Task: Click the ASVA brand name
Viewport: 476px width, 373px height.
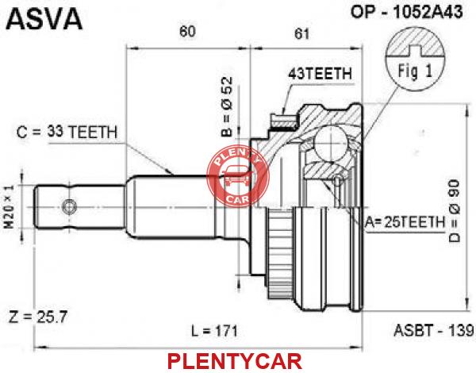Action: [x=44, y=19]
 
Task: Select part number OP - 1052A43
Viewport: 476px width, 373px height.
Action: [x=407, y=12]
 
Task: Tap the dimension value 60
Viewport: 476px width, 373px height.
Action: [x=187, y=31]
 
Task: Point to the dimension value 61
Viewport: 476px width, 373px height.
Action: [x=301, y=33]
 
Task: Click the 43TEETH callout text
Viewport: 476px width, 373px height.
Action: [x=320, y=74]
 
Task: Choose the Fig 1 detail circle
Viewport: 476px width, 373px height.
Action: [x=415, y=61]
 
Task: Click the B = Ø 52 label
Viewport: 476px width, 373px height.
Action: [x=228, y=107]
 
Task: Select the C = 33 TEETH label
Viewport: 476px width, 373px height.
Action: [x=67, y=132]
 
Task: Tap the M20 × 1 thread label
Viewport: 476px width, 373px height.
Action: [x=10, y=207]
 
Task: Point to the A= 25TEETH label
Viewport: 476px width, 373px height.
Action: [x=405, y=223]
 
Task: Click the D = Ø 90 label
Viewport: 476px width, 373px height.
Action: [x=455, y=212]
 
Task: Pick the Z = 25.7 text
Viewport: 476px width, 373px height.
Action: [x=38, y=317]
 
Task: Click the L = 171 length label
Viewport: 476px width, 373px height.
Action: [x=215, y=331]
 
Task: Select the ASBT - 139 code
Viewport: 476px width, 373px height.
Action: [x=433, y=330]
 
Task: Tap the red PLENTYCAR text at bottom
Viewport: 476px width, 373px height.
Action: [x=235, y=361]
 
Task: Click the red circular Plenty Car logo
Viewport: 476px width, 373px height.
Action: [x=238, y=176]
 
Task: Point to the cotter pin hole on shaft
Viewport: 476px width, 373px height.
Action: [x=70, y=207]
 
